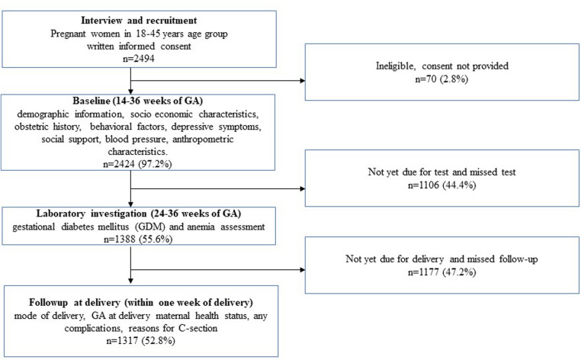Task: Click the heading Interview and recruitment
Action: coord(139,21)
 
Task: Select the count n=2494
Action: coord(139,59)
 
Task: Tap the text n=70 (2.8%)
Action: coord(441,79)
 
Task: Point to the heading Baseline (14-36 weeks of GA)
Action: coord(137,101)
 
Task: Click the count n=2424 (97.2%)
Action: coord(137,164)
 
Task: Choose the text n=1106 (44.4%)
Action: coord(441,185)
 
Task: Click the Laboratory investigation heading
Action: coord(139,214)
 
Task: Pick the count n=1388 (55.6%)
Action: coord(138,239)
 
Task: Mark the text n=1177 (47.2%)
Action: coord(441,272)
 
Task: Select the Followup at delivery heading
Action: coord(141,303)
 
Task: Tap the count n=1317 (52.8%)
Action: coord(140,340)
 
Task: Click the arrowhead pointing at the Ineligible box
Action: coord(303,80)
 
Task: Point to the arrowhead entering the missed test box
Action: coord(303,188)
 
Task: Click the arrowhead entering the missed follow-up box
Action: coord(303,269)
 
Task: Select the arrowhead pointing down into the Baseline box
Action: coord(130,92)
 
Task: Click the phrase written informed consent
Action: coord(139,47)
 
